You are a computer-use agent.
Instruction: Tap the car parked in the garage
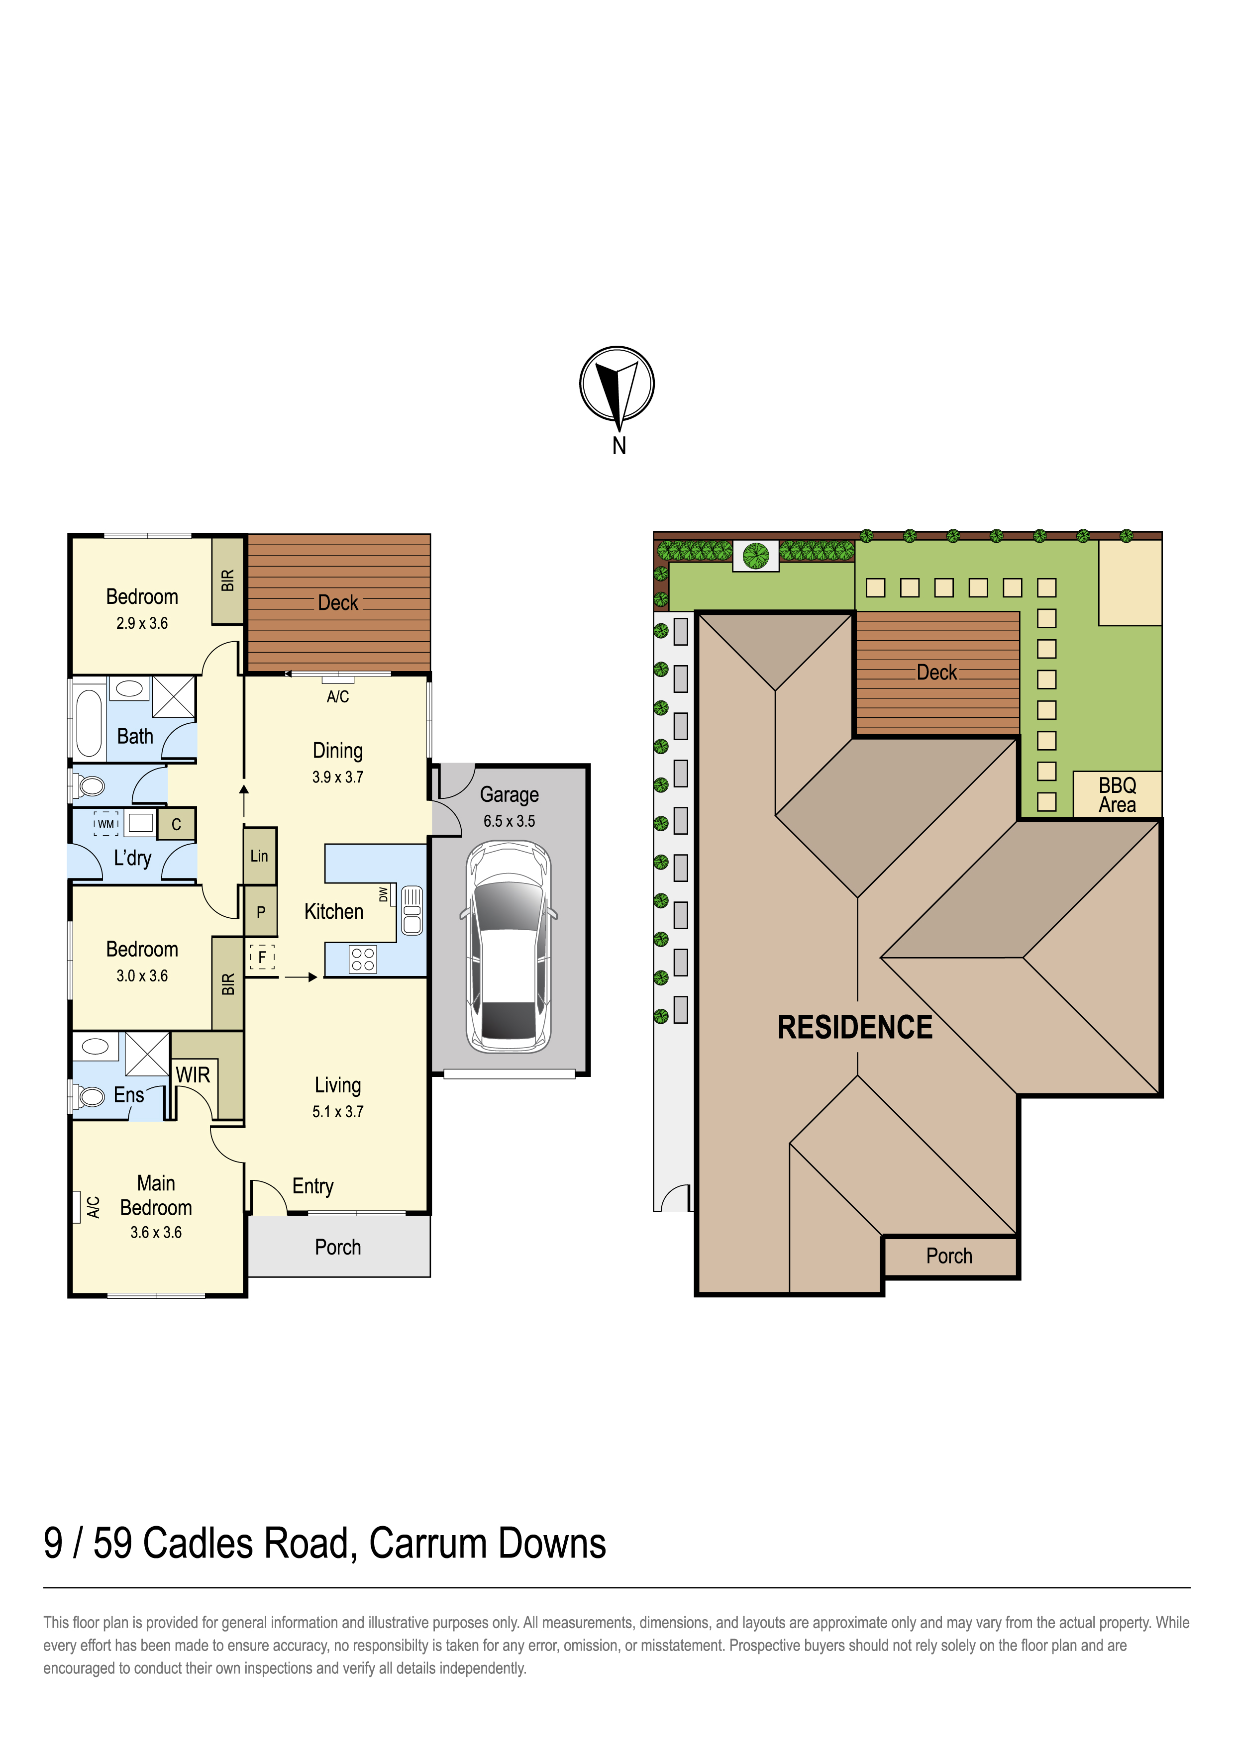coord(509,946)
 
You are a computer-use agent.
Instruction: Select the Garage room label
coord(510,795)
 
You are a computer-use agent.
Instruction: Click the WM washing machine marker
coord(105,824)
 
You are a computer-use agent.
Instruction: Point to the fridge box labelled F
coord(262,957)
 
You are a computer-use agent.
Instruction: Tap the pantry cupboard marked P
coord(261,912)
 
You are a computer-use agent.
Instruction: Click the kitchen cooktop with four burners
coord(363,959)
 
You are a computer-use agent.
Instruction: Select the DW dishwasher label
coord(384,894)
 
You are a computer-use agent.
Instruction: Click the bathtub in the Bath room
coord(89,723)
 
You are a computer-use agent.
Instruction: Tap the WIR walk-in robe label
coord(193,1074)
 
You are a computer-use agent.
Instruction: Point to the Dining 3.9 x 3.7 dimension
coord(337,776)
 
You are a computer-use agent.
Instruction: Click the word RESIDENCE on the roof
coord(855,1028)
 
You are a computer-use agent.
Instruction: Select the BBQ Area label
coord(1117,795)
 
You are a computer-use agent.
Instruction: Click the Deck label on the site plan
coord(937,673)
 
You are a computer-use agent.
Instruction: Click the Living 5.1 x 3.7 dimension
coord(337,1111)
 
